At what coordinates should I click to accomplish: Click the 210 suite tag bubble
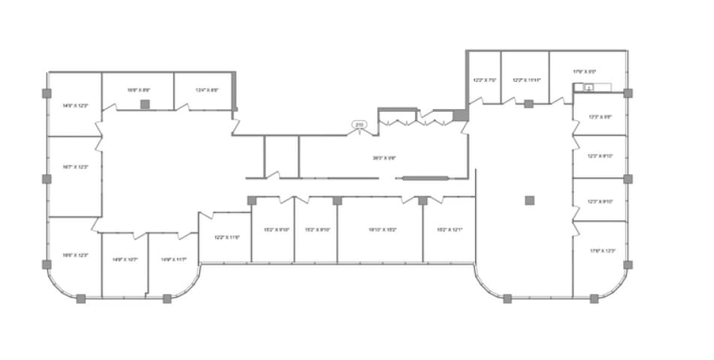pyautogui.click(x=359, y=124)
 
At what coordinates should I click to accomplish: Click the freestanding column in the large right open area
pyautogui.click(x=529, y=200)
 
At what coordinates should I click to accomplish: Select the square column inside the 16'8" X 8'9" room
pyautogui.click(x=146, y=104)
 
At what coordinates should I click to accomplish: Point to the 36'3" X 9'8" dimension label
pyautogui.click(x=384, y=158)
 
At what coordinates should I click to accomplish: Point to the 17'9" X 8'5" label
pyautogui.click(x=584, y=71)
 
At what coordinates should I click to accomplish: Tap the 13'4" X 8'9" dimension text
pyautogui.click(x=207, y=90)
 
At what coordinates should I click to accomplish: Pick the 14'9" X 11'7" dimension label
pyautogui.click(x=172, y=259)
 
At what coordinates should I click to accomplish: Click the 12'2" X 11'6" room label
pyautogui.click(x=226, y=237)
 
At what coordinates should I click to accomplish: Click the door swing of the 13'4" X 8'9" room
pyautogui.click(x=183, y=107)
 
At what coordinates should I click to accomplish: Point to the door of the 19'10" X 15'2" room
pyautogui.click(x=410, y=199)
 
